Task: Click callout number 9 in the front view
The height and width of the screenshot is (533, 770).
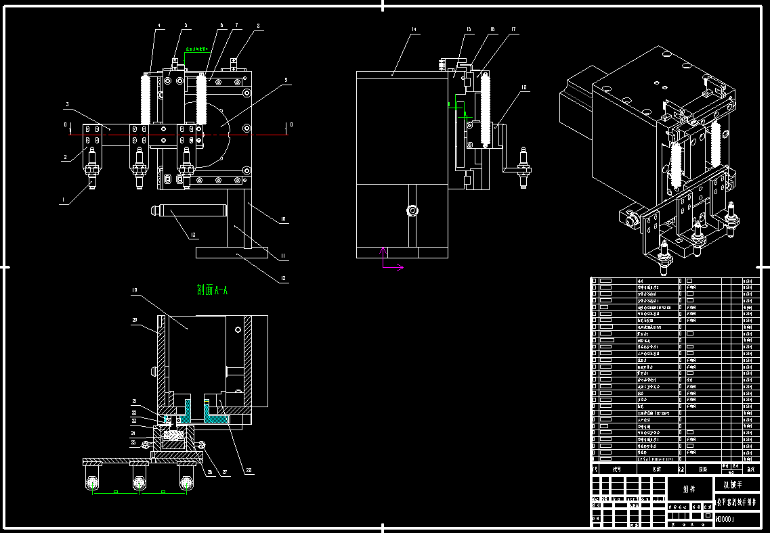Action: point(286,79)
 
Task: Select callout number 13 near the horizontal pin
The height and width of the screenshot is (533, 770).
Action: point(194,235)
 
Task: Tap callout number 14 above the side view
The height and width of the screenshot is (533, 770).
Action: point(413,30)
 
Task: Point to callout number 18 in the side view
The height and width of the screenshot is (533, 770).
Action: point(523,88)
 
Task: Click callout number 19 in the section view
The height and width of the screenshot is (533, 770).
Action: point(135,291)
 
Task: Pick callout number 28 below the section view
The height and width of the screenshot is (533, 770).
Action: point(250,471)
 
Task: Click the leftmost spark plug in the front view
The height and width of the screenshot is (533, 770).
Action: point(91,166)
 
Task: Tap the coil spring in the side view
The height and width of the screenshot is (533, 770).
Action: point(485,112)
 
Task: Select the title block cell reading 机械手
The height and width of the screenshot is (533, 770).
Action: point(735,484)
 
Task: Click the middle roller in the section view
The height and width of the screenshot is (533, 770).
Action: point(140,483)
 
